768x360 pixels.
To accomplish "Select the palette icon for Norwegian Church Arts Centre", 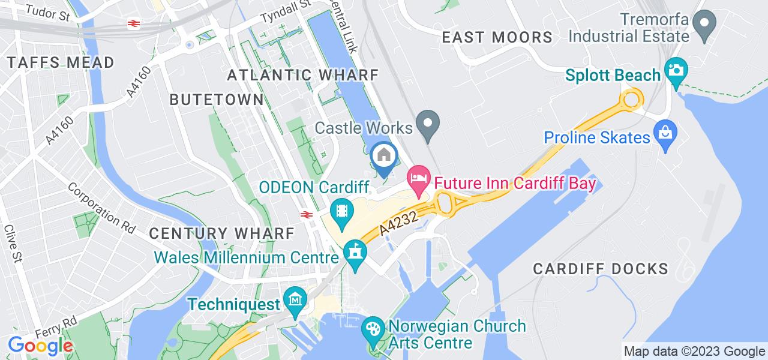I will [373, 330].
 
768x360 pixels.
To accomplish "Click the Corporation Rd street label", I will [101, 206].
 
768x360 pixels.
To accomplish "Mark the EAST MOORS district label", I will [497, 37].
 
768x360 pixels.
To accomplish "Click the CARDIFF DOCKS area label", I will [601, 268].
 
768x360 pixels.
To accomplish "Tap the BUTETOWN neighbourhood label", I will [217, 100].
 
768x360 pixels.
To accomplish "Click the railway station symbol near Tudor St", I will [133, 23].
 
